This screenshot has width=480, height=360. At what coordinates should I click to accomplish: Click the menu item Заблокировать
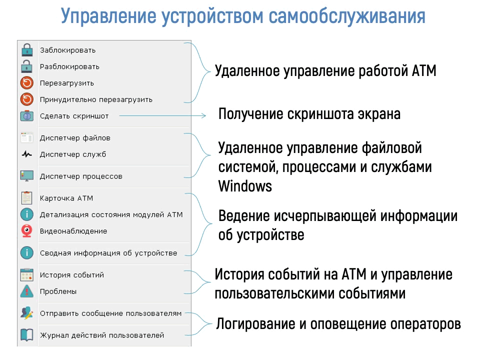point(67,50)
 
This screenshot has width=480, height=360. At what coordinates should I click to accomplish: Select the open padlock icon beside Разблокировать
point(27,66)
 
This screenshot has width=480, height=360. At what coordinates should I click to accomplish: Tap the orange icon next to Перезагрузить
point(27,83)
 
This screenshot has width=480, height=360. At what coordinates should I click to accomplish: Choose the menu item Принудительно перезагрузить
point(96,100)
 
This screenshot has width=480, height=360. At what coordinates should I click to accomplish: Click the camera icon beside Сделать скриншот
point(27,116)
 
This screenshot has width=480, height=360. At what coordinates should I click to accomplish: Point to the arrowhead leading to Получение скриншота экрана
point(203,115)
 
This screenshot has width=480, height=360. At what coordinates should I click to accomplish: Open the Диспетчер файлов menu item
point(75,138)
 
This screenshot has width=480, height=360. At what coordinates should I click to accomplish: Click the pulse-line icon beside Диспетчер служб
point(27,154)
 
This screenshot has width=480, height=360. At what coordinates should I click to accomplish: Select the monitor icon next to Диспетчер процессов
point(27,176)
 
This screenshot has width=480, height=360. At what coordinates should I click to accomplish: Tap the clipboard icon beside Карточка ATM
point(27,198)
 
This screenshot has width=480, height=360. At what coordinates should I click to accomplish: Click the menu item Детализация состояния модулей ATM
point(111,215)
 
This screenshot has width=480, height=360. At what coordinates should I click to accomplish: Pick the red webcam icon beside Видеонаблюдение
point(27,231)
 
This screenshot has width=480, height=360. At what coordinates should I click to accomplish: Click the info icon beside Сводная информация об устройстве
point(27,253)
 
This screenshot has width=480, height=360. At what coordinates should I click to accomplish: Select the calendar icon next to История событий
point(27,274)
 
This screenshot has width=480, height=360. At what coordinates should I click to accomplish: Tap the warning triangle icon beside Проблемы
point(27,291)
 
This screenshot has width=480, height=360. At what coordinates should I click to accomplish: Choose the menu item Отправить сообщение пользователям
point(111,313)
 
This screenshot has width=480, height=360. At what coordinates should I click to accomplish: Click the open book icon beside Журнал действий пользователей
point(27,335)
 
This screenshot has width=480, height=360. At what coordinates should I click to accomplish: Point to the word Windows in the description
point(245,186)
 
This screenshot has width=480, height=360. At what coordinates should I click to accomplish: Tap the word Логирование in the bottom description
point(255,324)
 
